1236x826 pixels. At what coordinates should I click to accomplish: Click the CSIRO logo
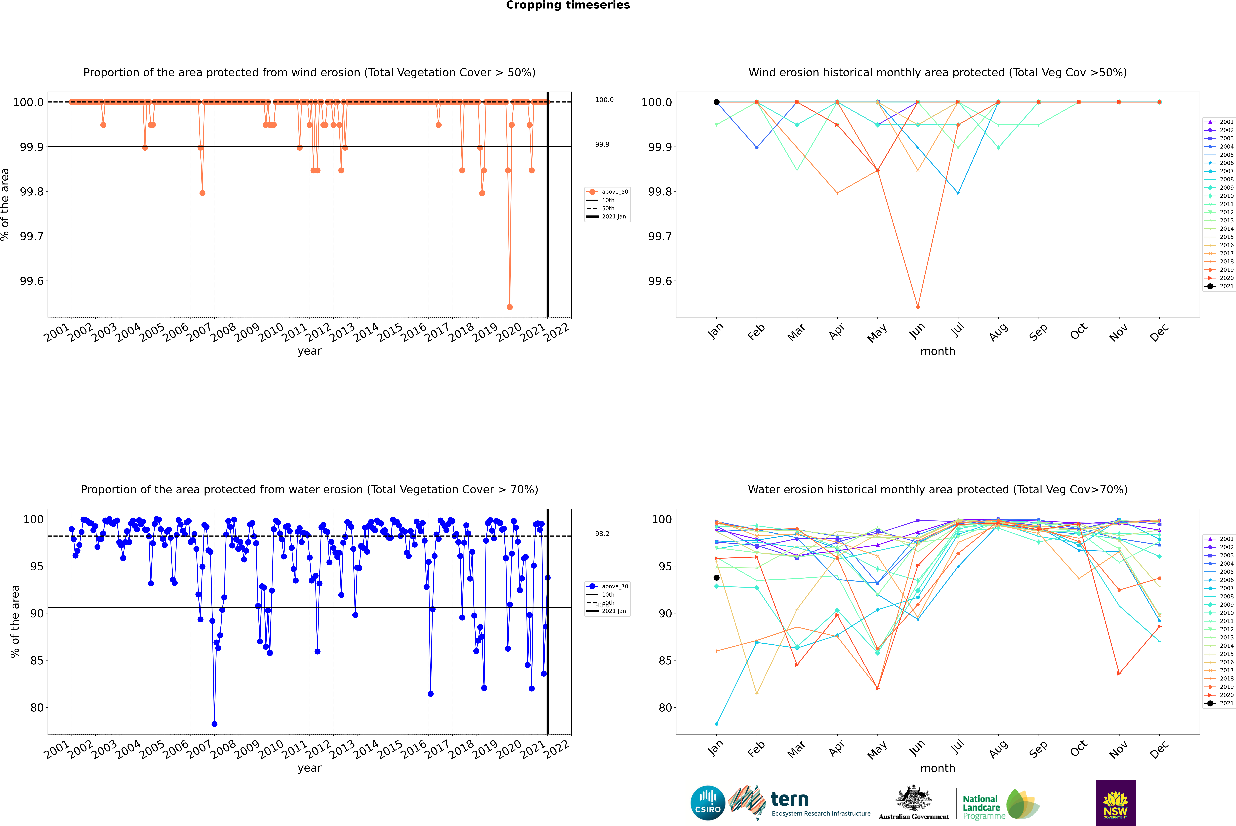[708, 803]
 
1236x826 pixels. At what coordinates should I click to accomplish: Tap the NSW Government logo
[1115, 803]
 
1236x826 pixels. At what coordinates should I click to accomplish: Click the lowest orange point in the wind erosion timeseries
[509, 307]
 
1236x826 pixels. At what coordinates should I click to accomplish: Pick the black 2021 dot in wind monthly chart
[717, 102]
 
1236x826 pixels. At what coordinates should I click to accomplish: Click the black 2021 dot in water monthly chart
[717, 578]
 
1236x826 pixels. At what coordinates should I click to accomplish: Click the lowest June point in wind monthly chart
[918, 307]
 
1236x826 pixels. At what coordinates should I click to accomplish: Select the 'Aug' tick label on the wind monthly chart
[998, 332]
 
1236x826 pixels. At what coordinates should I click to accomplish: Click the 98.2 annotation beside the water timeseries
[602, 534]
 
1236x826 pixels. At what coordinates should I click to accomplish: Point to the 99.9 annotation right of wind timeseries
[602, 144]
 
